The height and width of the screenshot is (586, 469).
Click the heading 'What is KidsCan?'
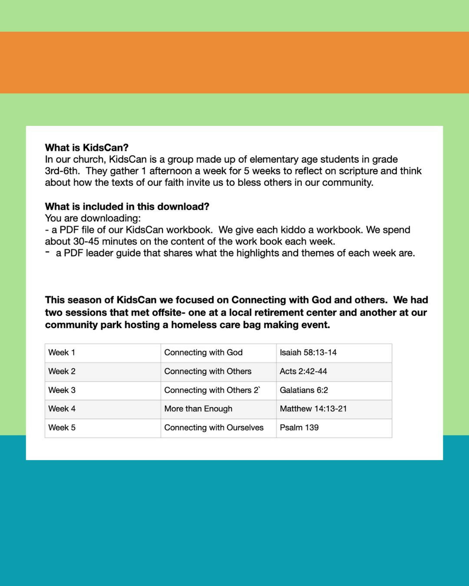(86, 148)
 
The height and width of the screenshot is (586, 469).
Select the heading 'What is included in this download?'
(127, 207)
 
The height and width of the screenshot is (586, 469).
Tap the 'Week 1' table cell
(62, 352)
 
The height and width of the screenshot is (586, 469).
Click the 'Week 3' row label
(62, 390)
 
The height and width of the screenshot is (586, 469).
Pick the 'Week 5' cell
(62, 428)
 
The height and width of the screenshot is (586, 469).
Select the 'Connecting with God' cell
(203, 352)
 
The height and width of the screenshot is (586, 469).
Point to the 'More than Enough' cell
(198, 409)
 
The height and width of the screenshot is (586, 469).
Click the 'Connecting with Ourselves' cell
(214, 428)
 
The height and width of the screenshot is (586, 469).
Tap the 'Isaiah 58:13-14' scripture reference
(308, 352)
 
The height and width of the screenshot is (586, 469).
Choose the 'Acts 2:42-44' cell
(303, 372)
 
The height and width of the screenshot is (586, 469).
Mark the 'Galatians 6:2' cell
(304, 390)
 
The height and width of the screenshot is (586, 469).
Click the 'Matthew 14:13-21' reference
(313, 409)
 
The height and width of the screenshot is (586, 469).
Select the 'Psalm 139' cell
(299, 428)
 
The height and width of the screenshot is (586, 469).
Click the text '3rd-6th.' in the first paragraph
(62, 171)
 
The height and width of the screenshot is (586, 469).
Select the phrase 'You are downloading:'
(92, 218)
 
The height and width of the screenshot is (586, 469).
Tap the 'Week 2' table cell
(62, 372)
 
